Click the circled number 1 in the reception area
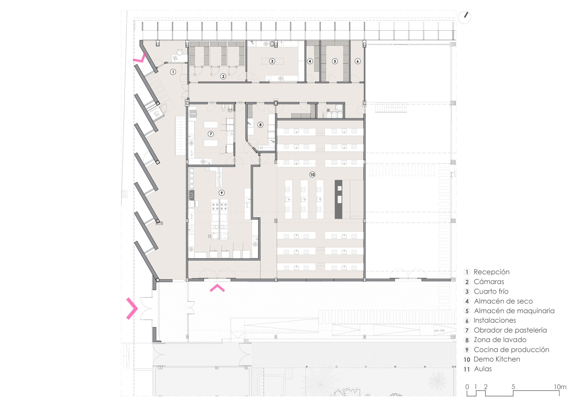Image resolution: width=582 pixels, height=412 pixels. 173,72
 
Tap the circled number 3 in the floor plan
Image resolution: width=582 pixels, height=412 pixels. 272,61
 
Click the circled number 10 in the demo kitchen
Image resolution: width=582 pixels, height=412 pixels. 312,175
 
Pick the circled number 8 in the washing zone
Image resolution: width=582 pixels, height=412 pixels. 260,125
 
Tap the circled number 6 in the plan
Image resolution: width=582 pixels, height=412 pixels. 358,61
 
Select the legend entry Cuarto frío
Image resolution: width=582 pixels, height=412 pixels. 491,291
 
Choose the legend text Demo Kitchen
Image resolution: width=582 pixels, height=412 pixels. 497,359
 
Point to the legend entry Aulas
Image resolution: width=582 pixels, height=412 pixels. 483,369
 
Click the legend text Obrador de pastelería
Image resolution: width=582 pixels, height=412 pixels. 510,330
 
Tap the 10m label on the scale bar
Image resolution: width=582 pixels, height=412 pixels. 560,387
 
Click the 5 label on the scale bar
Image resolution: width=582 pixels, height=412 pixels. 513,387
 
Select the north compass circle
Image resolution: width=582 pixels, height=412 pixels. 465,18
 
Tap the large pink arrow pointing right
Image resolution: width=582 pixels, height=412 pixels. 132,308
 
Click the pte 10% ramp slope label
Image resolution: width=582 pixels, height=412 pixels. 439,331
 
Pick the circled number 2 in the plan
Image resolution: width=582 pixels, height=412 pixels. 223,76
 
